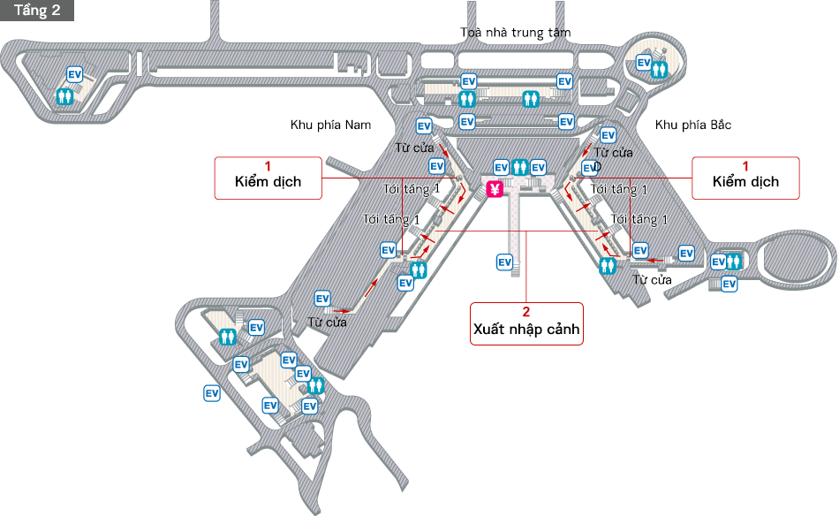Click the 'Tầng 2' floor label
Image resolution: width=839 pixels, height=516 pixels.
(37, 10)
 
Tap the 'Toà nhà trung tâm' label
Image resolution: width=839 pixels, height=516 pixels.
(516, 33)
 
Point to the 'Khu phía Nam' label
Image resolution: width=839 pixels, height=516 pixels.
(331, 125)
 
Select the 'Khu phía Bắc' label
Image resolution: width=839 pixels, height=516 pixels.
(693, 125)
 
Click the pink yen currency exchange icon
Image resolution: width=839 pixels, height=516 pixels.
(495, 188)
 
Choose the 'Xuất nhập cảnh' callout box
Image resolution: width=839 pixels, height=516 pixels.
(525, 323)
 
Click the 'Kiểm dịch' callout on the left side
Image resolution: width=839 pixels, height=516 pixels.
(268, 178)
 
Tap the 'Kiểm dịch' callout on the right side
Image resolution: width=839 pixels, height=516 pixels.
(745, 178)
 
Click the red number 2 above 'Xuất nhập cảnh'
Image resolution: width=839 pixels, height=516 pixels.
(525, 312)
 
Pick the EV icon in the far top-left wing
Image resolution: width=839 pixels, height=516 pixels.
(75, 75)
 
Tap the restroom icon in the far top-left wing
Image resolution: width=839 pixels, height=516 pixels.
(64, 95)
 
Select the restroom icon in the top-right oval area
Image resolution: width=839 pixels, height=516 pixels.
(659, 68)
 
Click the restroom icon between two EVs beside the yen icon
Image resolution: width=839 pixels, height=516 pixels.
(519, 167)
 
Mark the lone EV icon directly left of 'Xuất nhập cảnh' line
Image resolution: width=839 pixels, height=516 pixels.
(504, 262)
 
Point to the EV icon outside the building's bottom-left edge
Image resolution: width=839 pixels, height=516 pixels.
(212, 393)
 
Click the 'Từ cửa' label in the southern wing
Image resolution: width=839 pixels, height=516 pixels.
(327, 322)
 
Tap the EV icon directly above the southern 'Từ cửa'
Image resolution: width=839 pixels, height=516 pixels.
(322, 300)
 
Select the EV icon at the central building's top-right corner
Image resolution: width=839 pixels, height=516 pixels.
(564, 82)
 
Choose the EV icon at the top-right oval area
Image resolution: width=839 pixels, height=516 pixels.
(644, 63)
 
